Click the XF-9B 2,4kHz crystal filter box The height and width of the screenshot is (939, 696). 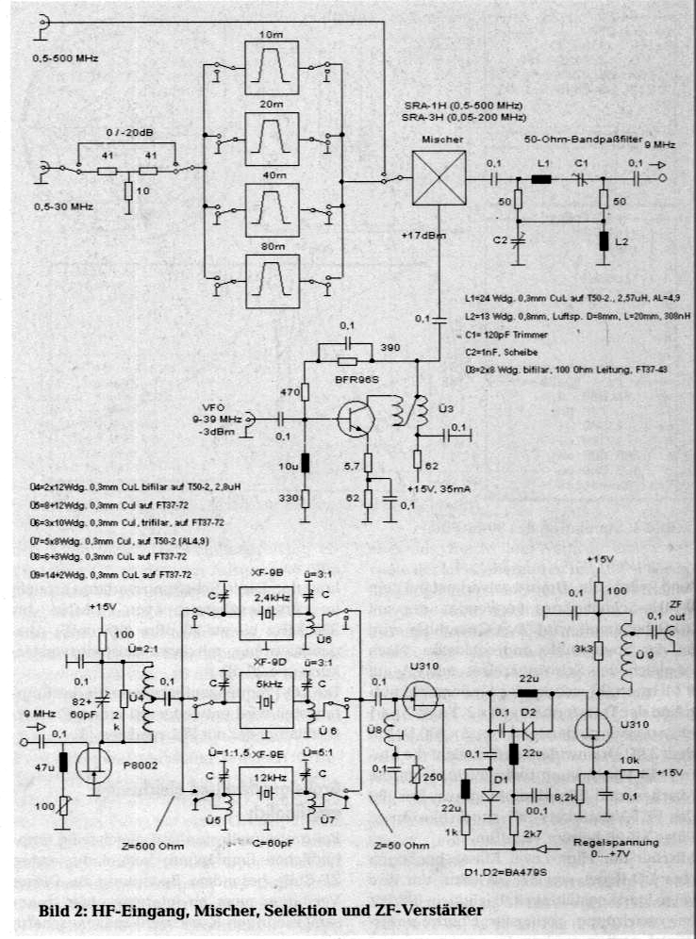pyautogui.click(x=267, y=612)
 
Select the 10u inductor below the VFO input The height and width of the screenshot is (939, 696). pyautogui.click(x=305, y=464)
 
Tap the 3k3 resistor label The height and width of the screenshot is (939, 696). pyautogui.click(x=580, y=651)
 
